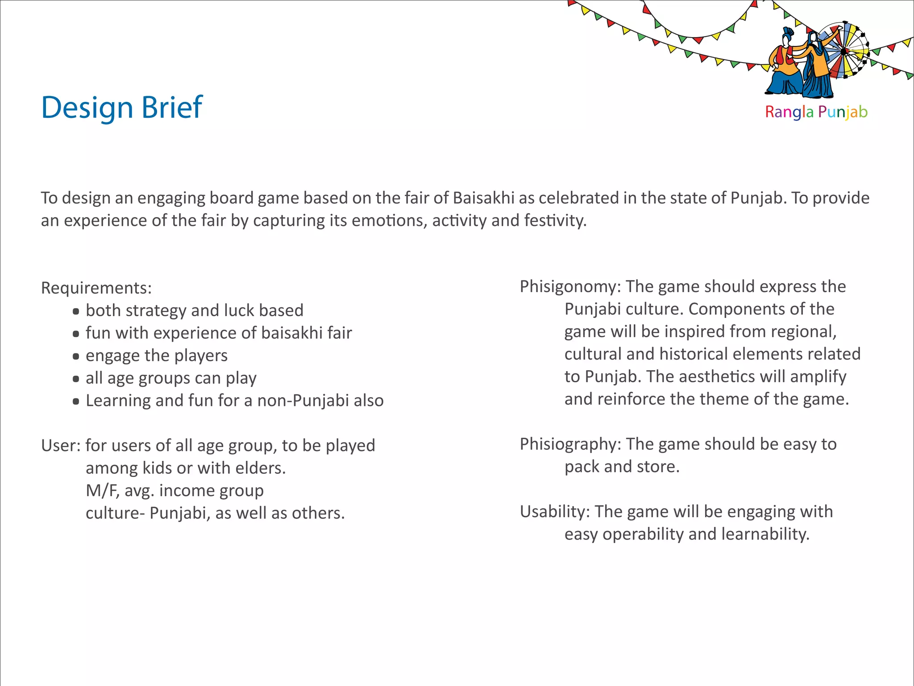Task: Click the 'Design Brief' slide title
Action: pyautogui.click(x=122, y=108)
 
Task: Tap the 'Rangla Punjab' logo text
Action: pyautogui.click(x=816, y=112)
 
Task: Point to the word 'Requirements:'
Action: pyautogui.click(x=96, y=288)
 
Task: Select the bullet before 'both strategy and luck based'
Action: pyautogui.click(x=76, y=311)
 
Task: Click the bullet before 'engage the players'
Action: pyautogui.click(x=76, y=356)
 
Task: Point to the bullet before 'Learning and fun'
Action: pyautogui.click(x=76, y=401)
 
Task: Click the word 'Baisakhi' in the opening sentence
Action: pyautogui.click(x=483, y=198)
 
